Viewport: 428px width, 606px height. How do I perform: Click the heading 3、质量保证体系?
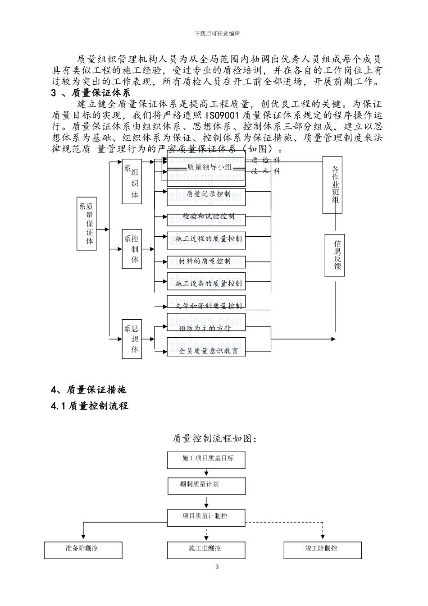[x=91, y=93]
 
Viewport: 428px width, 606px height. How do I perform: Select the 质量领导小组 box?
[x=206, y=167]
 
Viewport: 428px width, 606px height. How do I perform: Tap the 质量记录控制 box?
[x=206, y=194]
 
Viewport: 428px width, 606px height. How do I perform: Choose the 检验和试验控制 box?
[x=206, y=217]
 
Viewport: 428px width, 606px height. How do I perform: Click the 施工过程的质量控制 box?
[x=206, y=239]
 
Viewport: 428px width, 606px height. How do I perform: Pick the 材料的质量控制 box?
[x=206, y=262]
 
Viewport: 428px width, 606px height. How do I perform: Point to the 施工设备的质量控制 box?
[x=206, y=284]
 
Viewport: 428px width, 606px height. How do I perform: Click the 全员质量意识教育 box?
[x=206, y=350]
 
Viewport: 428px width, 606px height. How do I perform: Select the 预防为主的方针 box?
[x=206, y=328]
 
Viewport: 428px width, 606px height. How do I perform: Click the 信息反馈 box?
[x=337, y=255]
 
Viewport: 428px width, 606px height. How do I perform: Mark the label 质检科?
[x=265, y=160]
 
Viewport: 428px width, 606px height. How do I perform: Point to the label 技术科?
[x=265, y=171]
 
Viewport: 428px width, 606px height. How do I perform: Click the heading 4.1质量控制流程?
[x=90, y=406]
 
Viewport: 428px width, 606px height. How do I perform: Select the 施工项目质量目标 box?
[x=207, y=459]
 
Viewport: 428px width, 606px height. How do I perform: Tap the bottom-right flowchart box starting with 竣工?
[x=322, y=550]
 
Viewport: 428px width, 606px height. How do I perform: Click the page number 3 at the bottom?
[x=217, y=567]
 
